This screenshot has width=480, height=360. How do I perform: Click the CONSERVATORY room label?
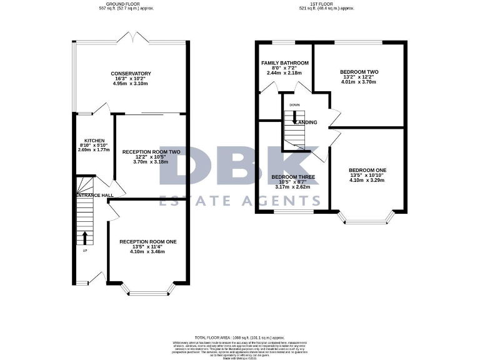[x=131, y=74]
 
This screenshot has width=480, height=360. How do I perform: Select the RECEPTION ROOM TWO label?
[x=151, y=152]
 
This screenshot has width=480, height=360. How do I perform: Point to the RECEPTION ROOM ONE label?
[x=148, y=242]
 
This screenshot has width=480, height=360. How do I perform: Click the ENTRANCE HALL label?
[x=94, y=196]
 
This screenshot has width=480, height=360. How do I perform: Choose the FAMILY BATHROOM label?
[x=284, y=63]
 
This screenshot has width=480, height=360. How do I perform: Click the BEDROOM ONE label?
[x=367, y=171]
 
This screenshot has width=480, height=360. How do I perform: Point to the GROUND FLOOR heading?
[x=127, y=4]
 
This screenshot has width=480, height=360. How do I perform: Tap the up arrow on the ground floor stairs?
[x=85, y=237]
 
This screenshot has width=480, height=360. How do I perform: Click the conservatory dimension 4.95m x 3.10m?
[x=131, y=84]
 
